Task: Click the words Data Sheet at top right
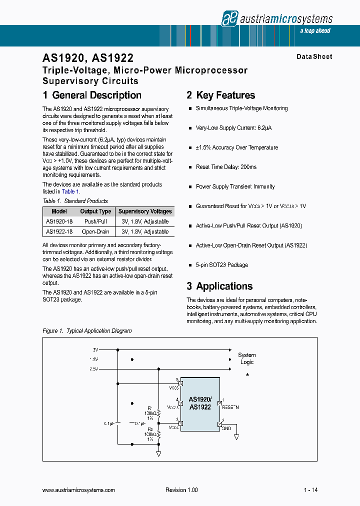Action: point(314,57)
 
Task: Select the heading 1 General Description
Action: point(92,95)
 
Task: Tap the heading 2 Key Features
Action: point(220,95)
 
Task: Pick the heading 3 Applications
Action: point(219,286)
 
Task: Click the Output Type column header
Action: point(95,211)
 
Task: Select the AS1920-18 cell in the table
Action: point(59,221)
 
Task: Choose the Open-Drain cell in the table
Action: point(95,232)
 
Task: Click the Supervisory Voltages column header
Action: point(145,211)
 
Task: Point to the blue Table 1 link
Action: point(68,191)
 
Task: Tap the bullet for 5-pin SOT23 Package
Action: point(190,265)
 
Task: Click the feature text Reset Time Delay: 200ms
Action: point(226,167)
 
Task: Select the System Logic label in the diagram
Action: point(247,358)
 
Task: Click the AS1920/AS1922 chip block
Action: point(200,403)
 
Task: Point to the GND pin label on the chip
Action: point(226,428)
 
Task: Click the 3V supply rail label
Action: point(95,349)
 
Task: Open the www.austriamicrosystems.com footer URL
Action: point(79,490)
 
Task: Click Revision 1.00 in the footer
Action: point(181,490)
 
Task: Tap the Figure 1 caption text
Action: point(87,331)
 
